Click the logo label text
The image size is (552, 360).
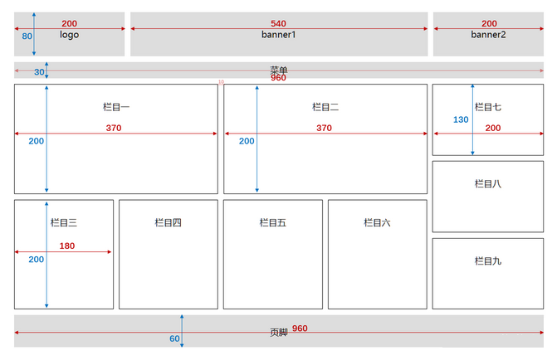(x=69, y=36)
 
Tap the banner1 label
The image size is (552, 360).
(x=279, y=36)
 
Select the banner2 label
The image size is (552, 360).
(x=488, y=35)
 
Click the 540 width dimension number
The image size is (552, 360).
(x=279, y=23)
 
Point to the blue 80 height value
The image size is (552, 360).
(x=27, y=36)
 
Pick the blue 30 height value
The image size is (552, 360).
(x=39, y=72)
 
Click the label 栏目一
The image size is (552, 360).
(x=116, y=107)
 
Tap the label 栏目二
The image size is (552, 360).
(x=325, y=107)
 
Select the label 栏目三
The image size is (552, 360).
(x=64, y=222)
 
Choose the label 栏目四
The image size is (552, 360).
(x=168, y=222)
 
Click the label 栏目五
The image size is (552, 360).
(x=272, y=222)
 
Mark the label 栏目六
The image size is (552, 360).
(x=377, y=222)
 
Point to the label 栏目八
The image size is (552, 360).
(x=487, y=184)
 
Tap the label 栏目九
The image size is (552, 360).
(x=487, y=261)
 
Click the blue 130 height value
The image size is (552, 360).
(x=462, y=119)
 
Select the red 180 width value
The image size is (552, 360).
(x=67, y=246)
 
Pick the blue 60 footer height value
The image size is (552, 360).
(x=174, y=338)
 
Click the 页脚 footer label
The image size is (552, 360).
(x=279, y=332)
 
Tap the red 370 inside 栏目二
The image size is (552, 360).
(x=324, y=129)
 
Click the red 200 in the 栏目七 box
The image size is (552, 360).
(x=493, y=128)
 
